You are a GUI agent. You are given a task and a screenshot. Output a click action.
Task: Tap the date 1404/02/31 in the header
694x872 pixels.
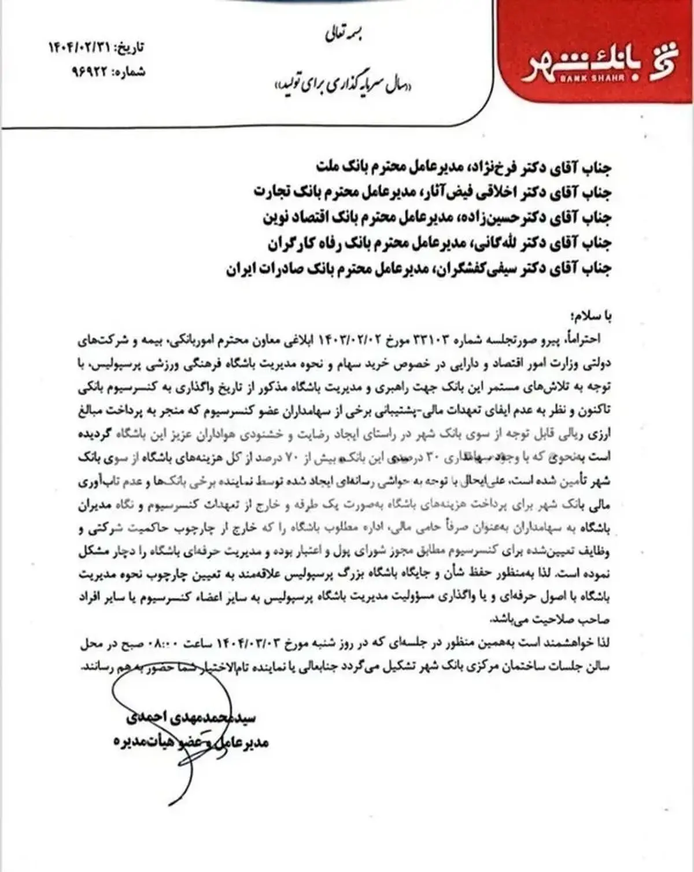click(81, 48)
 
